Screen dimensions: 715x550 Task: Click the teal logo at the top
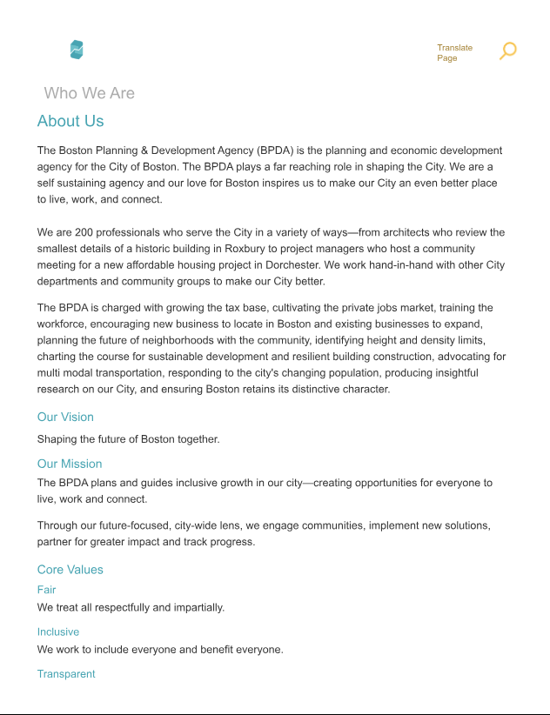pos(77,50)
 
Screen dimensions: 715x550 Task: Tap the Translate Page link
pos(454,53)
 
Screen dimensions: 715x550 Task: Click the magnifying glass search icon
pos(508,50)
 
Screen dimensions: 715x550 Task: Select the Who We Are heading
pos(89,93)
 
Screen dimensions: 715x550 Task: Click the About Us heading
pos(70,121)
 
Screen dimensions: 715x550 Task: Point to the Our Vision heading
pos(65,417)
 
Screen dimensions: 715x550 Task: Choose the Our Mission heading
pos(70,464)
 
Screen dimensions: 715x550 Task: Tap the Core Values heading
pos(70,570)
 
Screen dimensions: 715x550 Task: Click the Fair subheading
pos(46,590)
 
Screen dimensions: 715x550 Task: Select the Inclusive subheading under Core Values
pos(58,631)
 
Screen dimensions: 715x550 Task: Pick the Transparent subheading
pos(66,674)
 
